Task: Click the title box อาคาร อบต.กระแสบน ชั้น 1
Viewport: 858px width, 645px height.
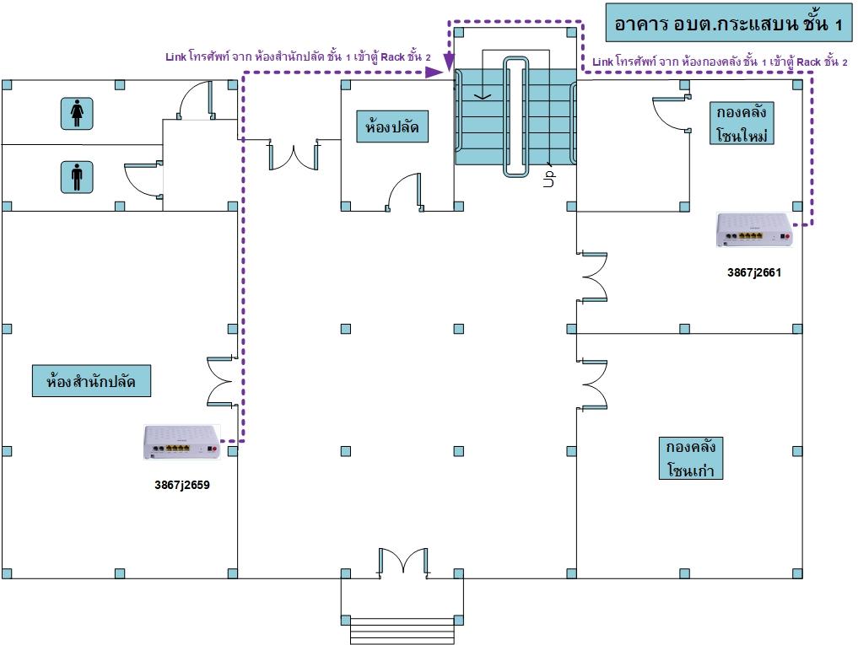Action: click(728, 23)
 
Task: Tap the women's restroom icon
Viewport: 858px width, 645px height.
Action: click(77, 113)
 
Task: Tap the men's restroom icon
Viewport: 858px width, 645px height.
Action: click(77, 177)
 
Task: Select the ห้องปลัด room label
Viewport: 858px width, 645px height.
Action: click(391, 126)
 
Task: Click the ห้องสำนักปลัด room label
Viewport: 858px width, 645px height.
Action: click(91, 381)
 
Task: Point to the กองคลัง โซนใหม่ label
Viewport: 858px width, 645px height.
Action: click(742, 123)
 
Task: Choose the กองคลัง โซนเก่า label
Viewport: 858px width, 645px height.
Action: click(691, 459)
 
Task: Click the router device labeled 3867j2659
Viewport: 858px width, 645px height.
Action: click(181, 442)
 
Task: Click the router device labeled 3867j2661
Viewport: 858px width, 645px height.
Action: click(754, 230)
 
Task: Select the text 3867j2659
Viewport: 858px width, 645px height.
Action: click(182, 485)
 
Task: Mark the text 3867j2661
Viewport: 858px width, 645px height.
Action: click(754, 272)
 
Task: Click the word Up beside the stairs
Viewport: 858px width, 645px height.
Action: click(549, 179)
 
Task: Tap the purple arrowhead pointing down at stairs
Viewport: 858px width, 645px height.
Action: click(449, 63)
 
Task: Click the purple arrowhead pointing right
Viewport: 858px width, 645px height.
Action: click(434, 73)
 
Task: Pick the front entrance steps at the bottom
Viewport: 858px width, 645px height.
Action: click(402, 631)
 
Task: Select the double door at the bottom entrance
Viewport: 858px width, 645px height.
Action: click(403, 562)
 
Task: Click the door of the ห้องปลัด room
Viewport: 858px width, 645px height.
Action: click(404, 192)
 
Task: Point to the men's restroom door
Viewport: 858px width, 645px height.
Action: click(143, 180)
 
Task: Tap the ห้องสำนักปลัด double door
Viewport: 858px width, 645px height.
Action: click(222, 381)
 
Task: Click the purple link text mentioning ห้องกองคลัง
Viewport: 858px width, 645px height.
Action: click(720, 62)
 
